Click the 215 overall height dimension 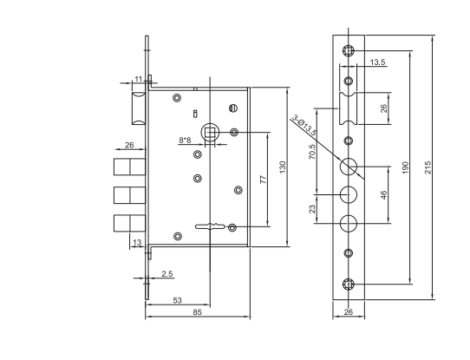click(x=428, y=167)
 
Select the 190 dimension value click(x=405, y=168)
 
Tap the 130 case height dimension click(x=283, y=167)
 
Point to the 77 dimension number click(x=263, y=180)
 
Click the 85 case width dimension click(x=197, y=312)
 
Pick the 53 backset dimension click(x=178, y=300)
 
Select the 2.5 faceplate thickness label click(x=167, y=273)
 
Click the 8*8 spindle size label click(x=185, y=140)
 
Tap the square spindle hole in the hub click(x=210, y=132)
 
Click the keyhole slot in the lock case click(x=210, y=226)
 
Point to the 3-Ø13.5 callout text click(x=304, y=125)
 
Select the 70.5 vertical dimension click(x=312, y=152)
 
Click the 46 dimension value click(x=383, y=195)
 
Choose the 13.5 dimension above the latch click(x=377, y=62)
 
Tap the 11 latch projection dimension click(x=138, y=79)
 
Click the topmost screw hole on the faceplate click(x=349, y=50)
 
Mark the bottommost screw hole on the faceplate click(x=349, y=284)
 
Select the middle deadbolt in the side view click(x=130, y=195)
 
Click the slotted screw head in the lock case click(x=233, y=108)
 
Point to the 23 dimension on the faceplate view click(x=312, y=209)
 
